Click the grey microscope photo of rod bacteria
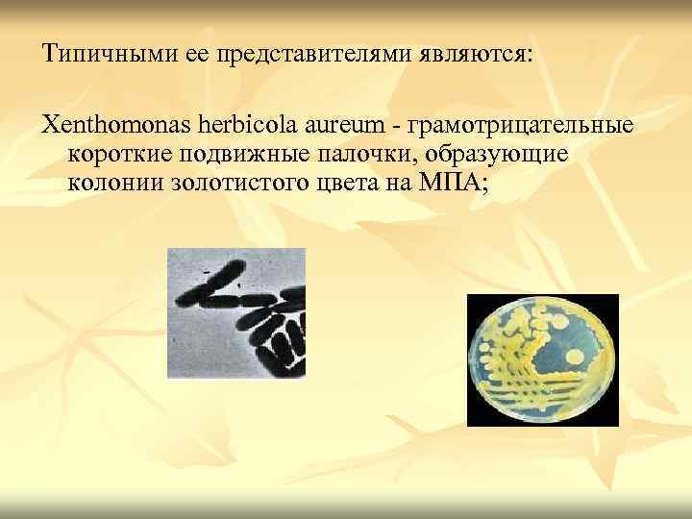click(236, 312)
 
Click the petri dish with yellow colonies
click(542, 359)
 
